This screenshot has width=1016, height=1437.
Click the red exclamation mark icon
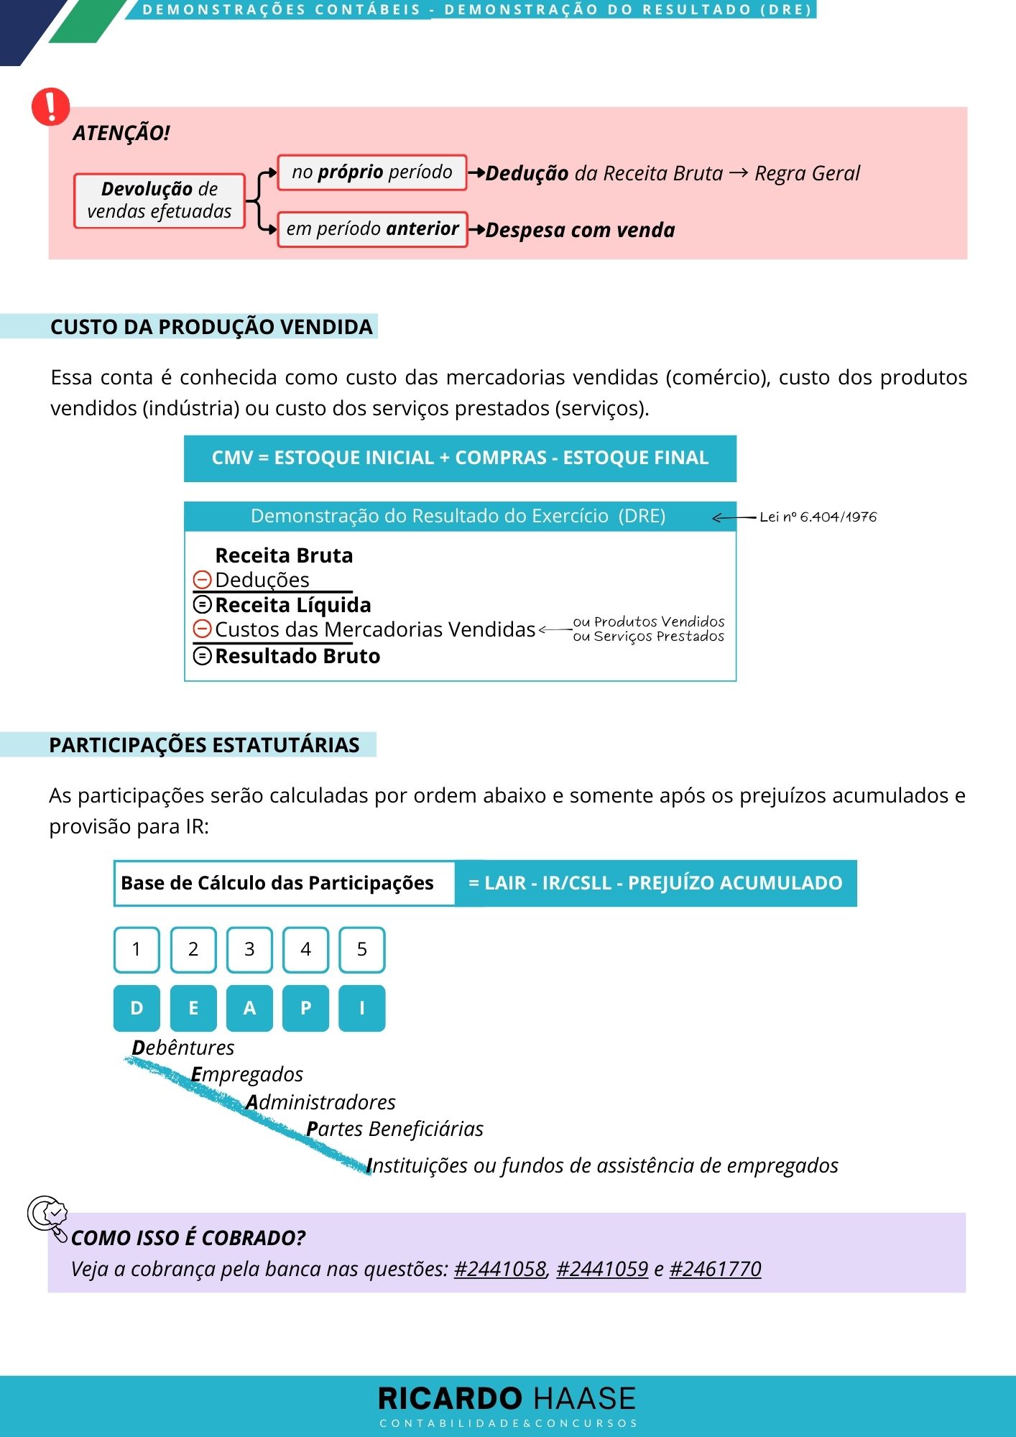[51, 106]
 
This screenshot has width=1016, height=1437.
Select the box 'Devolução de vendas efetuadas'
[160, 200]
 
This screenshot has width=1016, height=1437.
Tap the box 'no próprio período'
[372, 172]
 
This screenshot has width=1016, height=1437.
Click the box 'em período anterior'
[372, 229]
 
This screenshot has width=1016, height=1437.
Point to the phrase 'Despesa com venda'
[580, 230]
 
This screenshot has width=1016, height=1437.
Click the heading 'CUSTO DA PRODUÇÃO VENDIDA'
[211, 327]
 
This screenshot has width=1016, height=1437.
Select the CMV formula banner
[460, 458]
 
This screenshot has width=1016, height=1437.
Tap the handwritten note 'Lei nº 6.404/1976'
[818, 517]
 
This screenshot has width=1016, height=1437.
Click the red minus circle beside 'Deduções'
[203, 580]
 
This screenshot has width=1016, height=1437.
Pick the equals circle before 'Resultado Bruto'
[203, 656]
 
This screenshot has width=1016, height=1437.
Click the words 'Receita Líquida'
[293, 605]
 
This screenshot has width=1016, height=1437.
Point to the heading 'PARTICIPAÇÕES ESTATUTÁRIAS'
[204, 745]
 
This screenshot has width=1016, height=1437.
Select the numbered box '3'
[249, 949]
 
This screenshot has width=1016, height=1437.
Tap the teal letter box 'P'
[305, 1008]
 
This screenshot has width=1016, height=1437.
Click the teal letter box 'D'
[137, 1008]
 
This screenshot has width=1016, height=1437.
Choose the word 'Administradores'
[321, 1102]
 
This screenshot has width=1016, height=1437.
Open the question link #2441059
[602, 1269]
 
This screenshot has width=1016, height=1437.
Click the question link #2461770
[715, 1269]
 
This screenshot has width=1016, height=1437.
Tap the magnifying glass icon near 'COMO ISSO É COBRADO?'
[47, 1215]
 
